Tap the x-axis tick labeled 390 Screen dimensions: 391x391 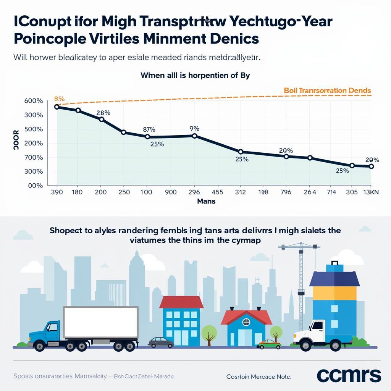[x=57, y=192]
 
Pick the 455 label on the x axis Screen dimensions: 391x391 [x=217, y=192]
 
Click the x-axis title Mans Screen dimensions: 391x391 [x=206, y=201]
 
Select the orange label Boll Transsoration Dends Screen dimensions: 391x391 [x=327, y=90]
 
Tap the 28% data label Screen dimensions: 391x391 [x=103, y=113]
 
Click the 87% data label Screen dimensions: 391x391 [x=149, y=130]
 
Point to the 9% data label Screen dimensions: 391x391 [x=194, y=129]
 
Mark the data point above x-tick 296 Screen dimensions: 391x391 [x=195, y=136]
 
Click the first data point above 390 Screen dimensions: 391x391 [x=57, y=107]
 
